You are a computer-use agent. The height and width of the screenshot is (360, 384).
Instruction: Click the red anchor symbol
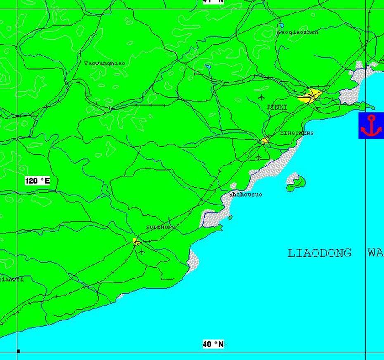click(371, 126)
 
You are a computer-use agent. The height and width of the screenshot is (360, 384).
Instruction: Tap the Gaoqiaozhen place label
click(298, 32)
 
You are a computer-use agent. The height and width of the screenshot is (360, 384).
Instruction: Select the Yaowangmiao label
click(104, 63)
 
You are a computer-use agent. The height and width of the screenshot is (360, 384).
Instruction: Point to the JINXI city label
click(277, 107)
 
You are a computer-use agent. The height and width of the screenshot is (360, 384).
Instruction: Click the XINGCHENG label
click(296, 133)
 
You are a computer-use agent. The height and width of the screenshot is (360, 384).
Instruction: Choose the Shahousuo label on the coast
click(246, 194)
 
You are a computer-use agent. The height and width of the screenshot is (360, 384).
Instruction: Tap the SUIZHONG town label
click(160, 227)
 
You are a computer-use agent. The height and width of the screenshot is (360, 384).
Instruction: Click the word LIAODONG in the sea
click(319, 253)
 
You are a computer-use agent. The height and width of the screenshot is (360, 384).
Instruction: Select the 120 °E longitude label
click(37, 181)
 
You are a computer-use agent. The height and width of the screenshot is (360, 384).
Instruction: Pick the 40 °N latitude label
click(213, 344)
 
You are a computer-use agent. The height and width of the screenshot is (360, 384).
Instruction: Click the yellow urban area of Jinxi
click(312, 96)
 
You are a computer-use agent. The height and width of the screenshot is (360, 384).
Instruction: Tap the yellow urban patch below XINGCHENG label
click(265, 141)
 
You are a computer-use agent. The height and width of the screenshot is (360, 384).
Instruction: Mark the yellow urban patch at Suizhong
click(136, 241)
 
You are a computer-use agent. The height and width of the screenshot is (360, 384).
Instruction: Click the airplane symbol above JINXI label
click(261, 97)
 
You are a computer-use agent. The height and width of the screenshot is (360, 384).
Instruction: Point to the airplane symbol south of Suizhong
click(142, 251)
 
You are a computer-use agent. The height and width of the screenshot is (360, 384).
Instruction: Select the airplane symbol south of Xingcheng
click(258, 157)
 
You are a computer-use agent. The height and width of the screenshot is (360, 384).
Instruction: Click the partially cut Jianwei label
click(11, 279)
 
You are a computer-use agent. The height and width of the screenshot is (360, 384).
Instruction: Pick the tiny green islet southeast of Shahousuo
click(230, 217)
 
